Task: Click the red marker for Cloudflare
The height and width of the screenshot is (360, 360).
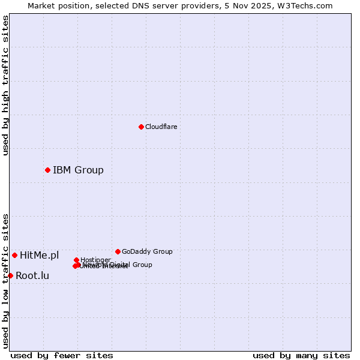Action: pyautogui.click(x=141, y=127)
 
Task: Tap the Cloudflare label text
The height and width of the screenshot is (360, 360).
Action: pyautogui.click(x=161, y=127)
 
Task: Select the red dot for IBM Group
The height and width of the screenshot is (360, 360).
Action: pyautogui.click(x=47, y=170)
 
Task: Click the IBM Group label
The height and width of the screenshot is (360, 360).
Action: pyautogui.click(x=78, y=170)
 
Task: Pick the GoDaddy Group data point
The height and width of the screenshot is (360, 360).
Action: pyautogui.click(x=118, y=251)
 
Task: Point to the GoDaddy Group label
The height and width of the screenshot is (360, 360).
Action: pyautogui.click(x=147, y=251)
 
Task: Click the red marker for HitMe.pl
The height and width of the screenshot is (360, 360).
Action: pyautogui.click(x=14, y=255)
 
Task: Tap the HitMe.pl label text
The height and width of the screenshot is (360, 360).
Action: pyautogui.click(x=40, y=255)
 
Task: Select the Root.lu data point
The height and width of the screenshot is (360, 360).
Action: pyautogui.click(x=10, y=275)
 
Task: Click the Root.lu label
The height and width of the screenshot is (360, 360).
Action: pyautogui.click(x=32, y=275)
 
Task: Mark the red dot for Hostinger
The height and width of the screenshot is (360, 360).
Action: pyautogui.click(x=76, y=260)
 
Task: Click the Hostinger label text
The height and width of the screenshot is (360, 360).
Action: pyautogui.click(x=95, y=260)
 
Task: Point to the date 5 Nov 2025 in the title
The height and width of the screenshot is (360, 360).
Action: pyautogui.click(x=265, y=5)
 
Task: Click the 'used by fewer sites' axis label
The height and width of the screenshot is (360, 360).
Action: pyautogui.click(x=62, y=355)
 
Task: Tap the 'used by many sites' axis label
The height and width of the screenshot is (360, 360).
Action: pyautogui.click(x=301, y=355)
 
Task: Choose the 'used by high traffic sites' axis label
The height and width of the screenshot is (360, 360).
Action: pyautogui.click(x=5, y=85)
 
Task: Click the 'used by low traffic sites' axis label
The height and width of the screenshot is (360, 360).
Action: pyautogui.click(x=5, y=280)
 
